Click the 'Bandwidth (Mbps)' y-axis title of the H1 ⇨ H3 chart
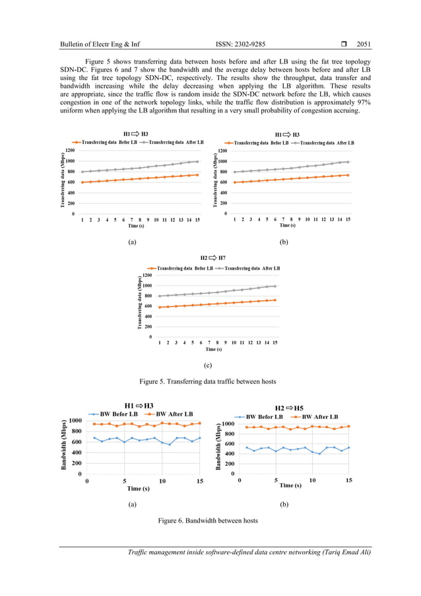click(x=64, y=445)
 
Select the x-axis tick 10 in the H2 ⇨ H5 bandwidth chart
click(x=312, y=480)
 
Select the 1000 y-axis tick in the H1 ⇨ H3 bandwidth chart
click(x=75, y=421)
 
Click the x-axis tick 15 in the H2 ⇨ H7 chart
click(x=275, y=343)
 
